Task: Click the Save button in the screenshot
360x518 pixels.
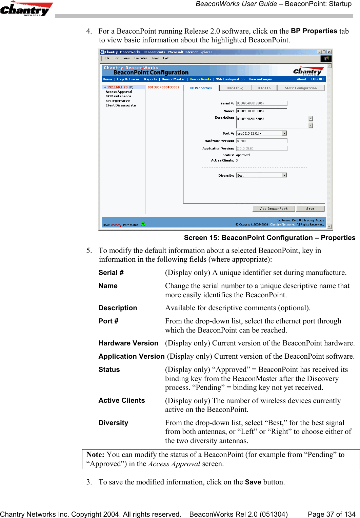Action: tap(310, 209)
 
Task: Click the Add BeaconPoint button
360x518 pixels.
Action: tap(274, 209)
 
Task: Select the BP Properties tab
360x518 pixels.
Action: tap(201, 88)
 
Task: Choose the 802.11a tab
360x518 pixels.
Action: tap(264, 88)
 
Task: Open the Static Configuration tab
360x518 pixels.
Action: tap(301, 88)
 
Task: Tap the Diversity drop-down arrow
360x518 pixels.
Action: tap(284, 175)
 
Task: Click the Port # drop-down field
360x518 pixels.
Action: tap(261, 133)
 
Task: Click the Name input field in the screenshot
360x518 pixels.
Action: tap(261, 111)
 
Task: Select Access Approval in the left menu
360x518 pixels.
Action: tap(119, 92)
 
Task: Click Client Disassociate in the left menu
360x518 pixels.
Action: tap(120, 105)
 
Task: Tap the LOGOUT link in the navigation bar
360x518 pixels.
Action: tap(318, 79)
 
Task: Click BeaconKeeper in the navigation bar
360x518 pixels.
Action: tap(261, 79)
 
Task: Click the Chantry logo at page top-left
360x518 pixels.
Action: tap(25, 9)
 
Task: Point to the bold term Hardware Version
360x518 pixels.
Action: tap(128, 343)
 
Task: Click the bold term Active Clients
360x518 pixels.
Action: tap(121, 400)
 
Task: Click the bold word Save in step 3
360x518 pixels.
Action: tap(253, 482)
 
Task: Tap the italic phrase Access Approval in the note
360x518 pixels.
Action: tap(174, 464)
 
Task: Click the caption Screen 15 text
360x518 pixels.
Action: tap(269, 238)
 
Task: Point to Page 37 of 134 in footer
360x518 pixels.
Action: tap(331, 514)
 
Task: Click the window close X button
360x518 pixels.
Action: tap(329, 52)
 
